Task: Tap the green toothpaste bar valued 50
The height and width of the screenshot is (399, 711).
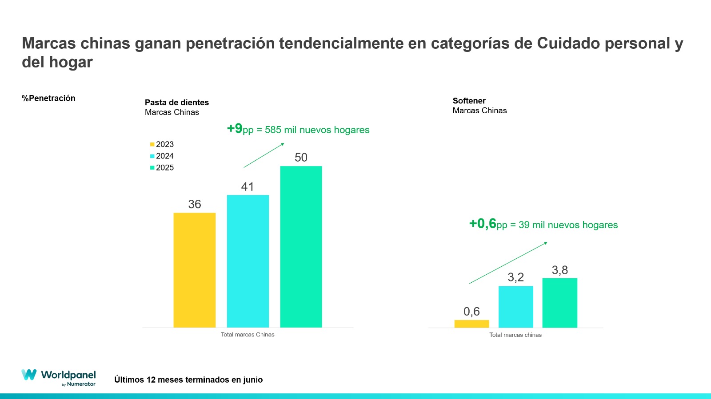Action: tap(301, 247)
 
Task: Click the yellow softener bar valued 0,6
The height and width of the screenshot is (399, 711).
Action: tap(471, 324)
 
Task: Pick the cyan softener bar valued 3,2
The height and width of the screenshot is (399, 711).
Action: tap(515, 307)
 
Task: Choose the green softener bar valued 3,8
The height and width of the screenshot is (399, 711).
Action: tap(559, 303)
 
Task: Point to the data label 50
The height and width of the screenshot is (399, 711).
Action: tap(301, 158)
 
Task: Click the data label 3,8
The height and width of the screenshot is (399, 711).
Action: tap(559, 270)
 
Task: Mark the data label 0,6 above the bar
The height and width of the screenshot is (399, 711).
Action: tap(471, 312)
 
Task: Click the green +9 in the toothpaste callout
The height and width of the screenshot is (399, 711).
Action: tap(235, 129)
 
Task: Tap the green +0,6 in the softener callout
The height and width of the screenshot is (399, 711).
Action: tap(483, 223)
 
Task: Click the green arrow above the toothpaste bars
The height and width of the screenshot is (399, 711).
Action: tap(264, 155)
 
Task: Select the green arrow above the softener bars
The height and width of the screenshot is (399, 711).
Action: tap(508, 263)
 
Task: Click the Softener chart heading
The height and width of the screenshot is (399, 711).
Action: tap(469, 101)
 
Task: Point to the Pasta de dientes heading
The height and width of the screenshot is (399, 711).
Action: tap(176, 103)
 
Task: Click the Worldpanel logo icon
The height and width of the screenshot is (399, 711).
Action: tap(29, 375)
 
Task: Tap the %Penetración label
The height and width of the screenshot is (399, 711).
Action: tap(48, 98)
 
